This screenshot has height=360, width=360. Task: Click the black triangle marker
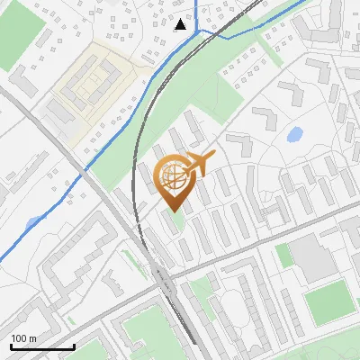coord(181,23)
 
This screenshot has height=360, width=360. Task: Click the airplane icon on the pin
coord(200,164)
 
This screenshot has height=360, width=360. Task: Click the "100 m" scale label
coord(23,338)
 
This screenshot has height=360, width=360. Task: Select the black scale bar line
coord(41,346)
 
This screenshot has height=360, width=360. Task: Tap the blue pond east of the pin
coord(293,136)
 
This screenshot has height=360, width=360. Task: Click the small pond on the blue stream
coord(34,223)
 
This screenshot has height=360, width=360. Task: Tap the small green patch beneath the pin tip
coord(177,220)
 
